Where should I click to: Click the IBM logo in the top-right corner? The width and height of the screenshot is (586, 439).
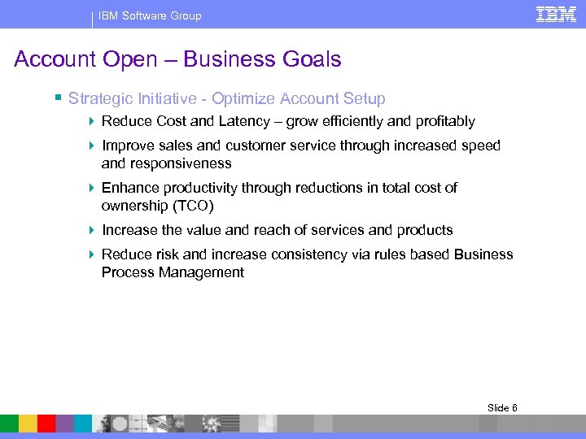point(556,15)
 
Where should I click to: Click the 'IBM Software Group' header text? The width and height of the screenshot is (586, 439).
point(150,15)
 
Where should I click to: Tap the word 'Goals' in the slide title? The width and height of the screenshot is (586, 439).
point(313,59)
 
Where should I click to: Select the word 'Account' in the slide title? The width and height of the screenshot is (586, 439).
point(55,59)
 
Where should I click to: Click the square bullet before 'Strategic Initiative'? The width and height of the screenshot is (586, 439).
point(58,98)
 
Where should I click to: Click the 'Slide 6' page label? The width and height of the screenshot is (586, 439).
point(502,407)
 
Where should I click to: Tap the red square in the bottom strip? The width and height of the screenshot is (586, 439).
point(46,424)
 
